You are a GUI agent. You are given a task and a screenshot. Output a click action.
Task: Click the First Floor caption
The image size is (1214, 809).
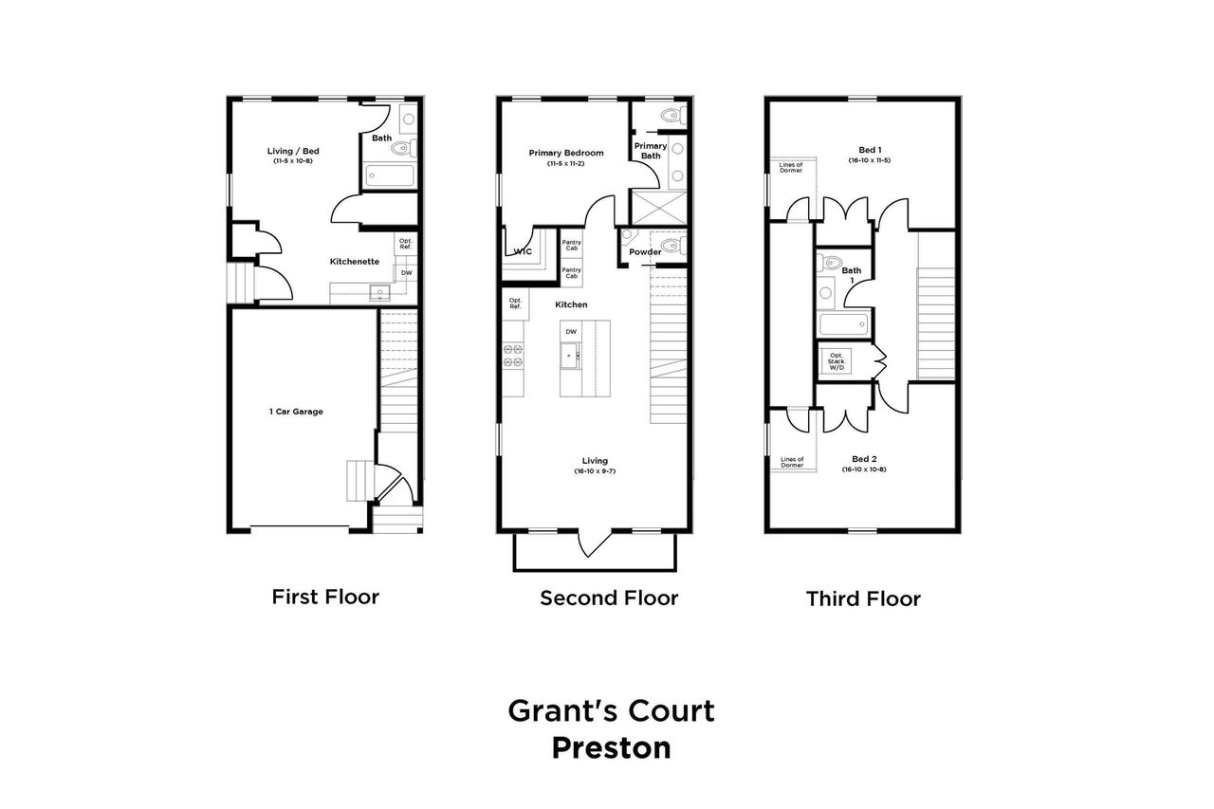coord(325,597)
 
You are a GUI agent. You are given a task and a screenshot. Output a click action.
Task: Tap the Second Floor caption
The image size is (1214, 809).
coord(609,598)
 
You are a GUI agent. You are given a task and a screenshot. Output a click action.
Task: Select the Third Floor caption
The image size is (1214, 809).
coord(863,598)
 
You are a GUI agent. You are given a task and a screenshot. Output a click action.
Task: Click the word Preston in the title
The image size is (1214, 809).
coord(611,747)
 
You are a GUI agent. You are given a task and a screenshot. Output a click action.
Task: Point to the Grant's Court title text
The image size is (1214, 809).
coord(611,709)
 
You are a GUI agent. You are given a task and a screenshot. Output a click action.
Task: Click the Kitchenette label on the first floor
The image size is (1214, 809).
coord(355,261)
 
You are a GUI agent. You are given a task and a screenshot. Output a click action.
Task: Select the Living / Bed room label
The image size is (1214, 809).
coord(291,150)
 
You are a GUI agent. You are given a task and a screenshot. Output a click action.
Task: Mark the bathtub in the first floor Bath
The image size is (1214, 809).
coord(389,176)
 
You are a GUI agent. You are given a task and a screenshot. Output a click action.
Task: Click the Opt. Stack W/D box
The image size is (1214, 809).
coord(837,360)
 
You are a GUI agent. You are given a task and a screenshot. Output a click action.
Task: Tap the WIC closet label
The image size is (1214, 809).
coord(522,251)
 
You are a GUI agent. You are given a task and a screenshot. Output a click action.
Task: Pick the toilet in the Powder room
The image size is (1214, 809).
coord(671,246)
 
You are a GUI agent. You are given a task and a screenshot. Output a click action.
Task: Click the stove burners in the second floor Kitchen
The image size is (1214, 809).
coord(513,356)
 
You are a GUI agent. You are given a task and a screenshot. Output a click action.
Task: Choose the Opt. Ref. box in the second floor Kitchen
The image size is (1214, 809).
coord(515,304)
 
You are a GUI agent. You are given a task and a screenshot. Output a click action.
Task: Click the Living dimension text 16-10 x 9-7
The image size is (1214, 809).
coord(595,471)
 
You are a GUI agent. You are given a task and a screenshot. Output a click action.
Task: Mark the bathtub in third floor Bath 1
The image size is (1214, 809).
coord(842,326)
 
